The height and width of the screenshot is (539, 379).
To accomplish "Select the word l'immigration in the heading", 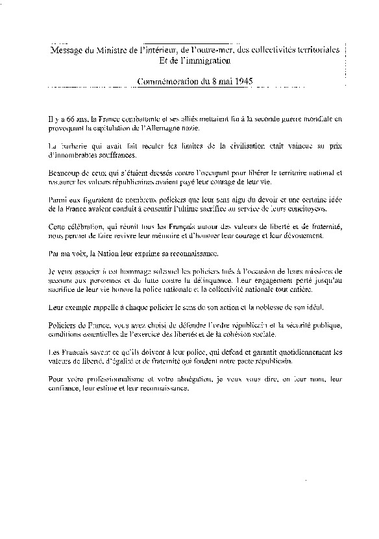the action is point(201,60).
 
